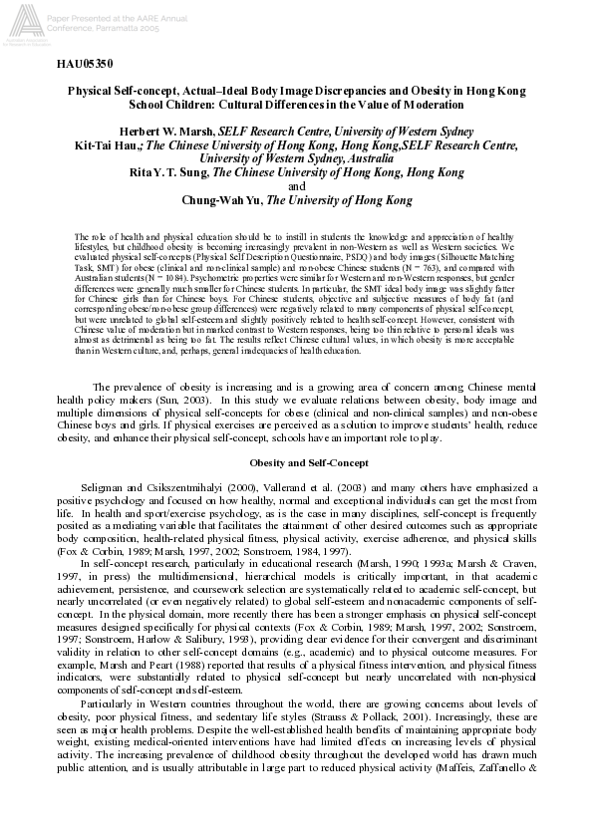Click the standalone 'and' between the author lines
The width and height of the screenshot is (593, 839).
click(x=296, y=185)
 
